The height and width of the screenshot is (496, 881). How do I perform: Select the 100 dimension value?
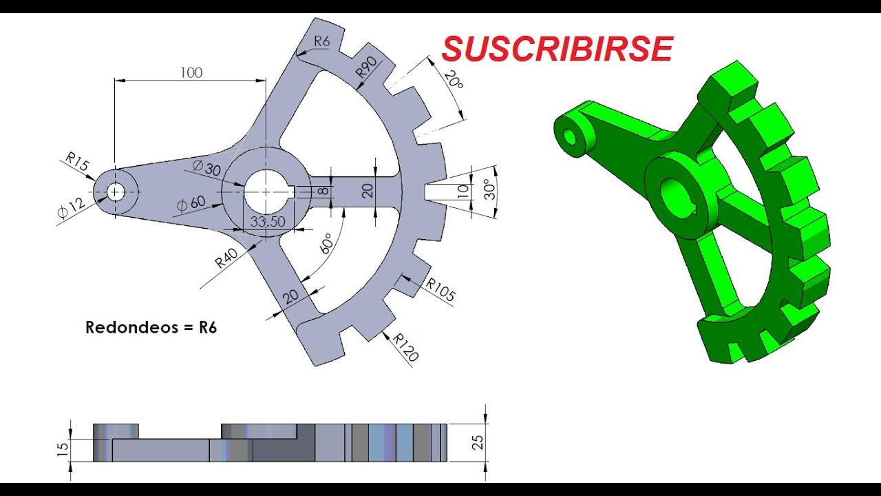[191, 72]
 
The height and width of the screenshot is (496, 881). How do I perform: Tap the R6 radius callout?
[322, 41]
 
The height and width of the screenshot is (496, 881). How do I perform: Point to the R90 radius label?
[367, 69]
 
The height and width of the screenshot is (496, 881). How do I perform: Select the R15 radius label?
[77, 164]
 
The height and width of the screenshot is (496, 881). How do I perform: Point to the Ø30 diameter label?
[207, 167]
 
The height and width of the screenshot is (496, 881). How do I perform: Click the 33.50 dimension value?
[268, 222]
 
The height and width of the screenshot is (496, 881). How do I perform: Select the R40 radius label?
[226, 258]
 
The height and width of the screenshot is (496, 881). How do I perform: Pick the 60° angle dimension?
[326, 243]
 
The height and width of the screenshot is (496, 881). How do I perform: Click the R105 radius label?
[440, 290]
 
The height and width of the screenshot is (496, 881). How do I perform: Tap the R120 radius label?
[405, 347]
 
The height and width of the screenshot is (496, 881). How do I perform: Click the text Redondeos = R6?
[151, 328]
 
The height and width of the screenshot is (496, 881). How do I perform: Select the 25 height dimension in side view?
[478, 442]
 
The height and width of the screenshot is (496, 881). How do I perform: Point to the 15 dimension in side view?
[62, 449]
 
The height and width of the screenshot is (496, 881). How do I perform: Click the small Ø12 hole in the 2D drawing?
[116, 192]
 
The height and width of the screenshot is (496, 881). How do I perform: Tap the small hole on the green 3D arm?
[570, 136]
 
